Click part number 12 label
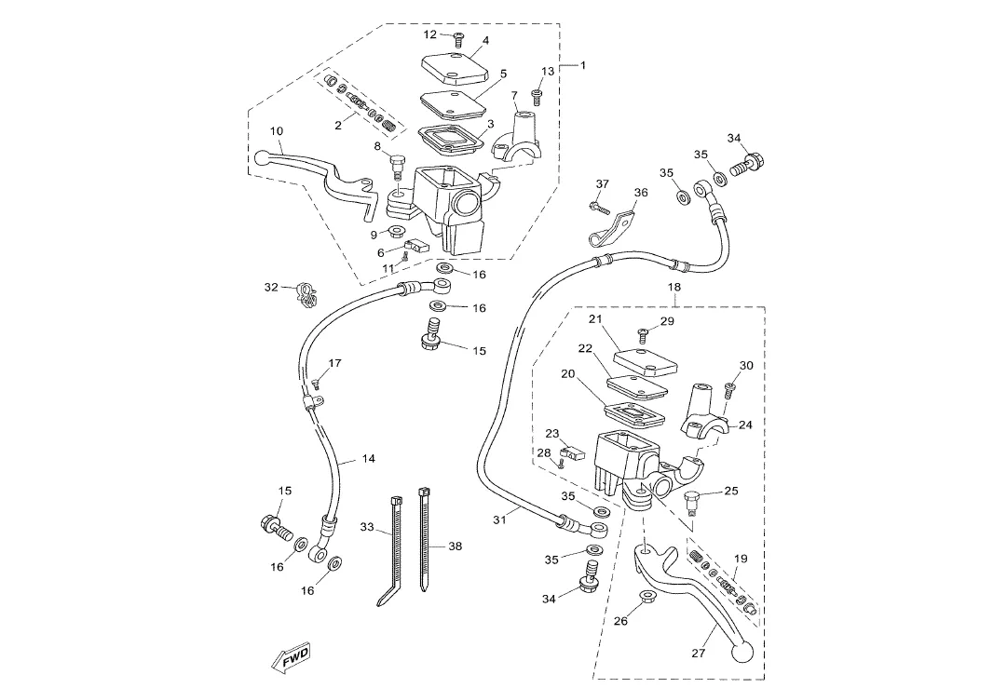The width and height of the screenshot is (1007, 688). [429, 34]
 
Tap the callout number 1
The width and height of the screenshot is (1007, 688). [583, 65]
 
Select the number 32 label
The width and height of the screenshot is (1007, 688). [271, 287]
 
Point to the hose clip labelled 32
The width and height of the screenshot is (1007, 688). [304, 292]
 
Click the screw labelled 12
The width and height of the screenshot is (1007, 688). [458, 39]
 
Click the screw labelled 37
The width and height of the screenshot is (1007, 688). [596, 207]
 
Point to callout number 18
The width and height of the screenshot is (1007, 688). [674, 288]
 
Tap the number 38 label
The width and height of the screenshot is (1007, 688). [455, 546]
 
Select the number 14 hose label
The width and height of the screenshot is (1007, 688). [369, 459]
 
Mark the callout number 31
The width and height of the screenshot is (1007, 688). [499, 519]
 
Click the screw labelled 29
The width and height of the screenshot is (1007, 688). [642, 332]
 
